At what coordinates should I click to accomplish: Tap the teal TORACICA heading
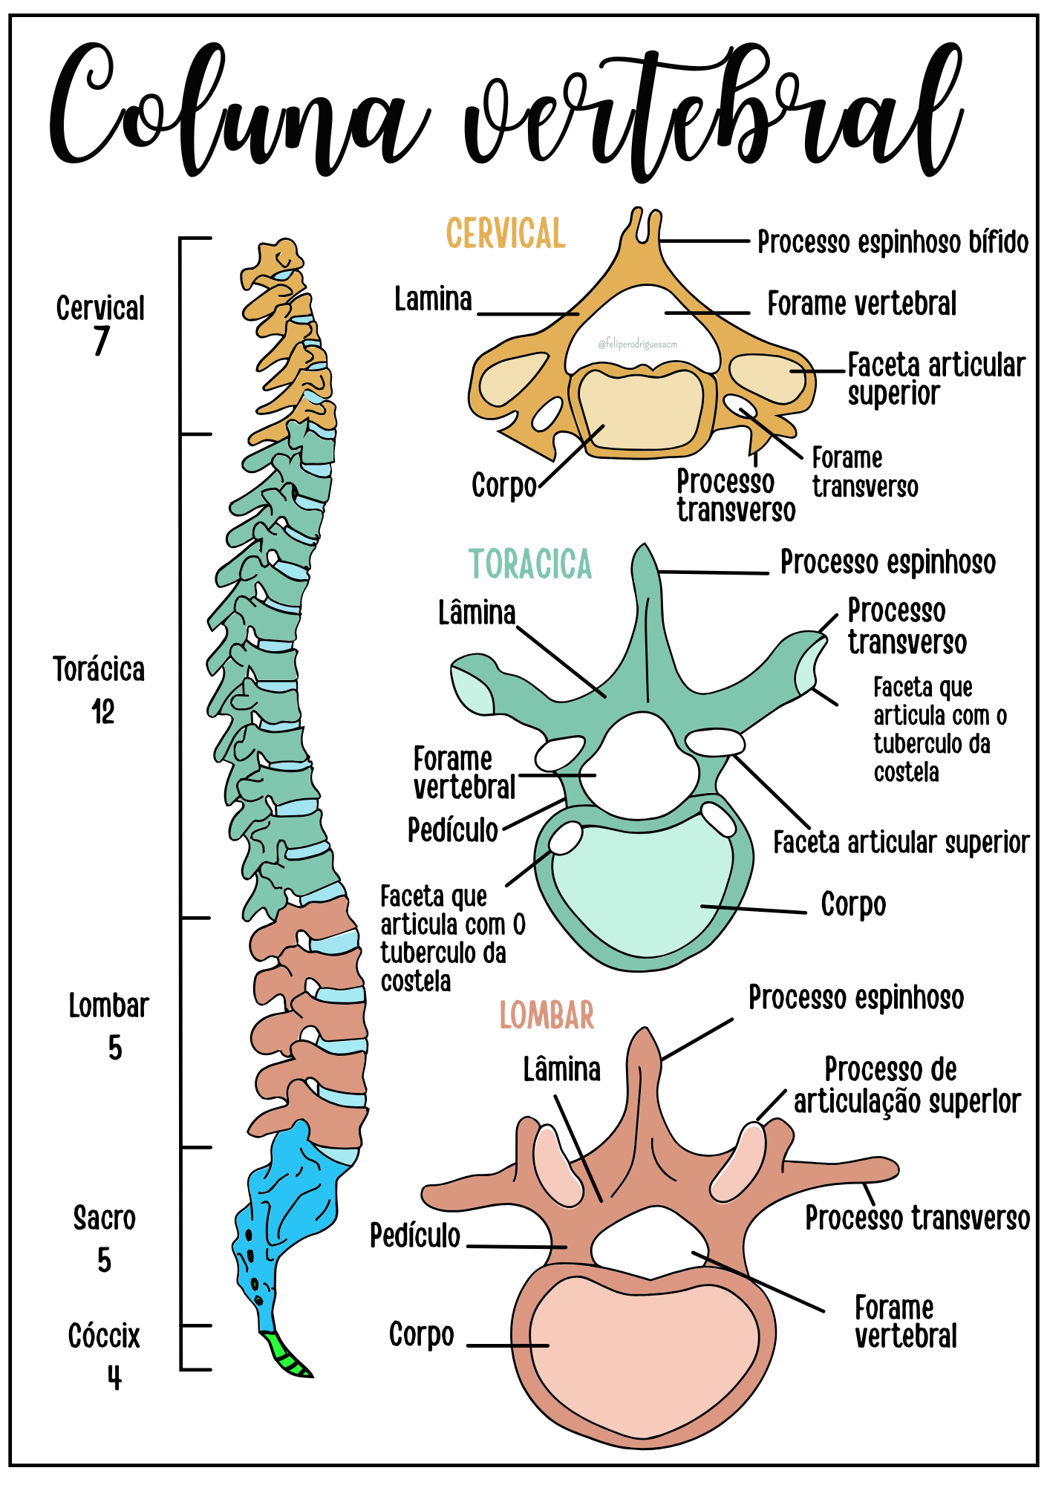click(x=530, y=564)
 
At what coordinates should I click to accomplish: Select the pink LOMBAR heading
click(x=547, y=1015)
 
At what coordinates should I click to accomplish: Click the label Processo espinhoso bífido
click(x=893, y=242)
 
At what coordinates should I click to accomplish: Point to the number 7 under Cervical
click(x=101, y=342)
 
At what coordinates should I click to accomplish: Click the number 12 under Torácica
click(x=103, y=712)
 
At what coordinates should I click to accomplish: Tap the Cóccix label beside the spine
click(x=104, y=1336)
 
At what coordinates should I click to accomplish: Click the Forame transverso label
click(x=864, y=472)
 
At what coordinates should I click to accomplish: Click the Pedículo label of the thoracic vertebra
click(x=453, y=830)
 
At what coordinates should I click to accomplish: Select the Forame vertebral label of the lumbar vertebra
click(x=905, y=1322)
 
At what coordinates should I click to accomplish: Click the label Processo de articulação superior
click(x=907, y=1086)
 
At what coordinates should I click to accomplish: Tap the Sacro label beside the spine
click(x=105, y=1218)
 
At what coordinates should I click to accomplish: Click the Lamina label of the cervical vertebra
click(x=433, y=299)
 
